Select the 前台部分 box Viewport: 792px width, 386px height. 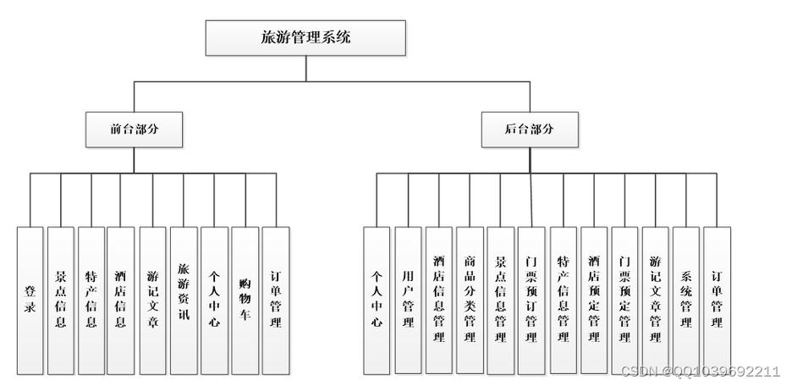point(135,130)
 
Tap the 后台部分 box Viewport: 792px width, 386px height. point(530,130)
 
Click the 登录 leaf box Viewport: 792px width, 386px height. point(30,301)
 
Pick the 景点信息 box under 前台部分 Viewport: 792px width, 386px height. point(60,301)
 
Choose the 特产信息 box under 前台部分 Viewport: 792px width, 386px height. point(91,301)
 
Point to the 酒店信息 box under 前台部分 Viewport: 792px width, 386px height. point(120,301)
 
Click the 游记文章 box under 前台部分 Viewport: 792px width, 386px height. point(152,301)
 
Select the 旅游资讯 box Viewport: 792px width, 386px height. point(183,301)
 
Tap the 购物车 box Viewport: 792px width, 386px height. point(245,301)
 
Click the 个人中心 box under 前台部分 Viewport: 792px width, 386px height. point(214,301)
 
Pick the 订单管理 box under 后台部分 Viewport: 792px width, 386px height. point(716,301)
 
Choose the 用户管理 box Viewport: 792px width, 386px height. point(408,301)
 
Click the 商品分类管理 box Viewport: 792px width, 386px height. point(469,301)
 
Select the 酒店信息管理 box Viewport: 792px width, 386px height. point(438,301)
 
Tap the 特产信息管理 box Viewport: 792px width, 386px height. point(563,301)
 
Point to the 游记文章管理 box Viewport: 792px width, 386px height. point(655,301)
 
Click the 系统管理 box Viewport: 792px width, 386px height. point(685,301)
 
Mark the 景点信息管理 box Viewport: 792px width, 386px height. point(500,301)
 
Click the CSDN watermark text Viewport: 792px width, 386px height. point(700,372)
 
